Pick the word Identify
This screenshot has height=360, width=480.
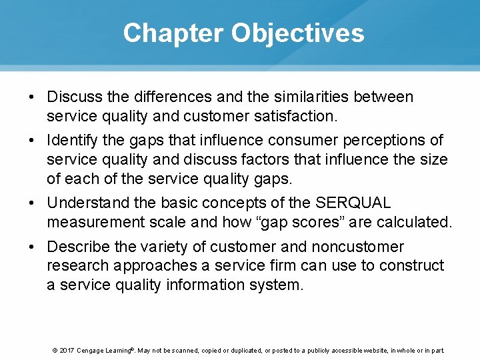tap(71, 141)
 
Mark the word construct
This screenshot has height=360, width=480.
tap(411, 266)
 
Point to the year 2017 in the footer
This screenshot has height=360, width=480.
tap(67, 350)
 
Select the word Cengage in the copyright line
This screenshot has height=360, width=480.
tap(91, 350)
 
